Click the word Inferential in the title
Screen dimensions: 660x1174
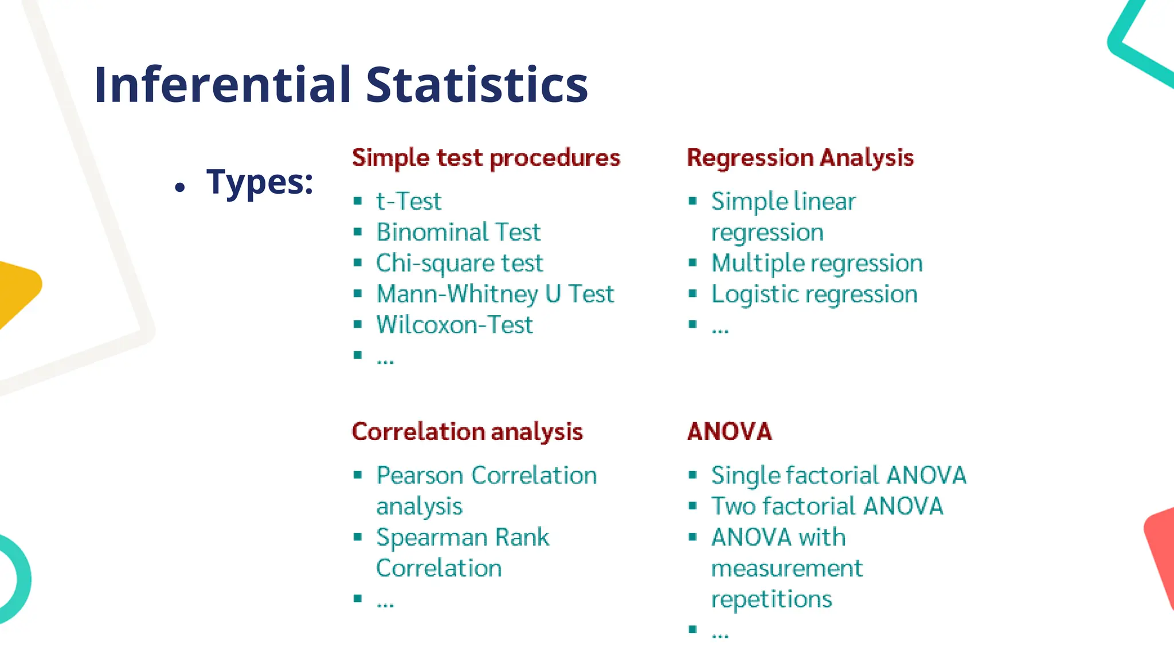222,85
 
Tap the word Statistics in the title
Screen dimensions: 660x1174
476,85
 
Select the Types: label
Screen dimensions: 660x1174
260,182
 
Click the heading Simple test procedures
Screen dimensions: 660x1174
486,158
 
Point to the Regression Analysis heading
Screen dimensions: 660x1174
800,158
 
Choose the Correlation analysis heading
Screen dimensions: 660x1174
467,431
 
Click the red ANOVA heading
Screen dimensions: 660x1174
729,431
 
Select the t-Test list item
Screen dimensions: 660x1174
408,201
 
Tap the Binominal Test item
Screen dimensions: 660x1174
458,232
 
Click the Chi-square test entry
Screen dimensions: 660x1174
459,263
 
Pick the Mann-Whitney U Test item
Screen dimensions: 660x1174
495,294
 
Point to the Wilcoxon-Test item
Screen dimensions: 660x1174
454,325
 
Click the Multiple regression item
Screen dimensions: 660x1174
817,263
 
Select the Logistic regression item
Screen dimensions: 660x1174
814,294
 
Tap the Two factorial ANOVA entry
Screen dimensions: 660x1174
827,506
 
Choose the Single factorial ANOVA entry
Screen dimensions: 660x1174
838,475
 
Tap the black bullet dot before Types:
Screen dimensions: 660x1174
180,187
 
